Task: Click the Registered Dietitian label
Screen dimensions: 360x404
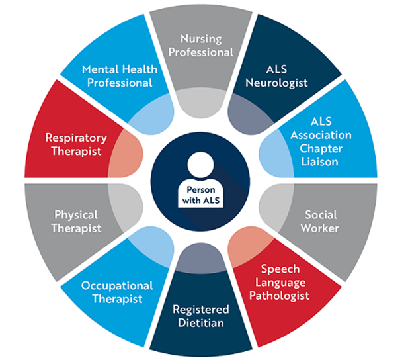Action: click(200, 316)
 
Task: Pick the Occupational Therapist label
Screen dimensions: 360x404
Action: click(117, 292)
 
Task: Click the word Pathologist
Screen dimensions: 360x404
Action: click(285, 295)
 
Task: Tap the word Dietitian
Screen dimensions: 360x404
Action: click(200, 324)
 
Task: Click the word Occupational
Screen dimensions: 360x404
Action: click(117, 285)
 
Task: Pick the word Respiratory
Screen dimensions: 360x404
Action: click(75, 138)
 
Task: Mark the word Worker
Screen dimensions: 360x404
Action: click(322, 228)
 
